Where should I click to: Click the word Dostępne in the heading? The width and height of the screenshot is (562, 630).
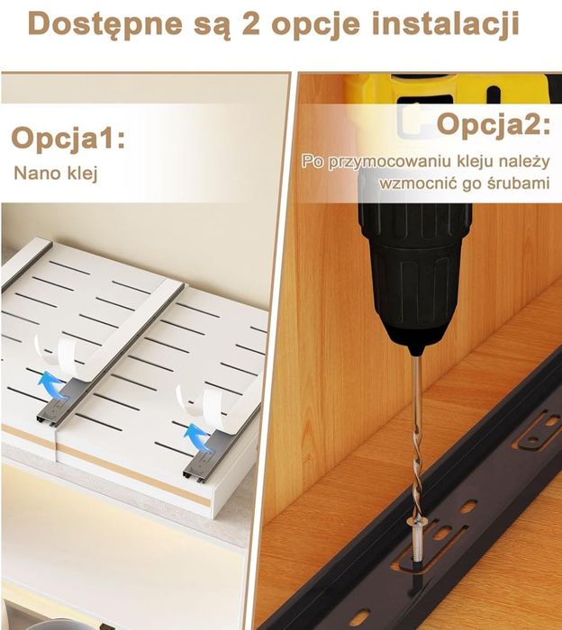(x=105, y=24)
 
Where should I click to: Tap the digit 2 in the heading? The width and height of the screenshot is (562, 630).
(x=251, y=23)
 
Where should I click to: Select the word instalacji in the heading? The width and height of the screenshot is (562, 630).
(x=446, y=24)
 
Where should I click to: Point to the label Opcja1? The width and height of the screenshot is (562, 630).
(x=68, y=139)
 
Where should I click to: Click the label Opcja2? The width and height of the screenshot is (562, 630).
(x=494, y=124)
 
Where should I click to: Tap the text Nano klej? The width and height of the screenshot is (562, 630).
(x=56, y=173)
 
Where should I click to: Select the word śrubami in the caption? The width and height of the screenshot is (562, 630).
(x=518, y=184)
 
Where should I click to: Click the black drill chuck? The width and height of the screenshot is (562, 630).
(x=414, y=269)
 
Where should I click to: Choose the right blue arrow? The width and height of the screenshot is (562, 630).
(x=199, y=436)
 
